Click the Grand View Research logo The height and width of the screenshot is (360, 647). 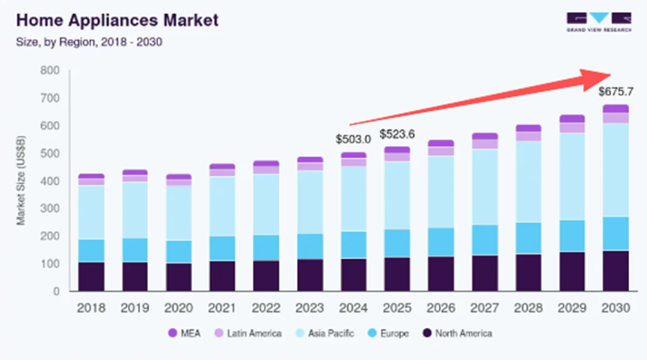(x=598, y=22)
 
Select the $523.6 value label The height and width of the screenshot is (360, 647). (x=397, y=134)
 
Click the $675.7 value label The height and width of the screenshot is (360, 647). (x=616, y=92)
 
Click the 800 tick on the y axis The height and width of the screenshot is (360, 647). (x=49, y=70)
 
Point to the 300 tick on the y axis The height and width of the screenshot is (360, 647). (x=49, y=209)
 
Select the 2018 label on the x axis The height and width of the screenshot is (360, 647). (x=91, y=308)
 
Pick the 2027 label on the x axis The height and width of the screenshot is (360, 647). (x=484, y=308)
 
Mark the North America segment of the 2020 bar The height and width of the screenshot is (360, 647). (x=179, y=277)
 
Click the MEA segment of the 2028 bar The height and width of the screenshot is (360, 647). (x=528, y=128)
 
